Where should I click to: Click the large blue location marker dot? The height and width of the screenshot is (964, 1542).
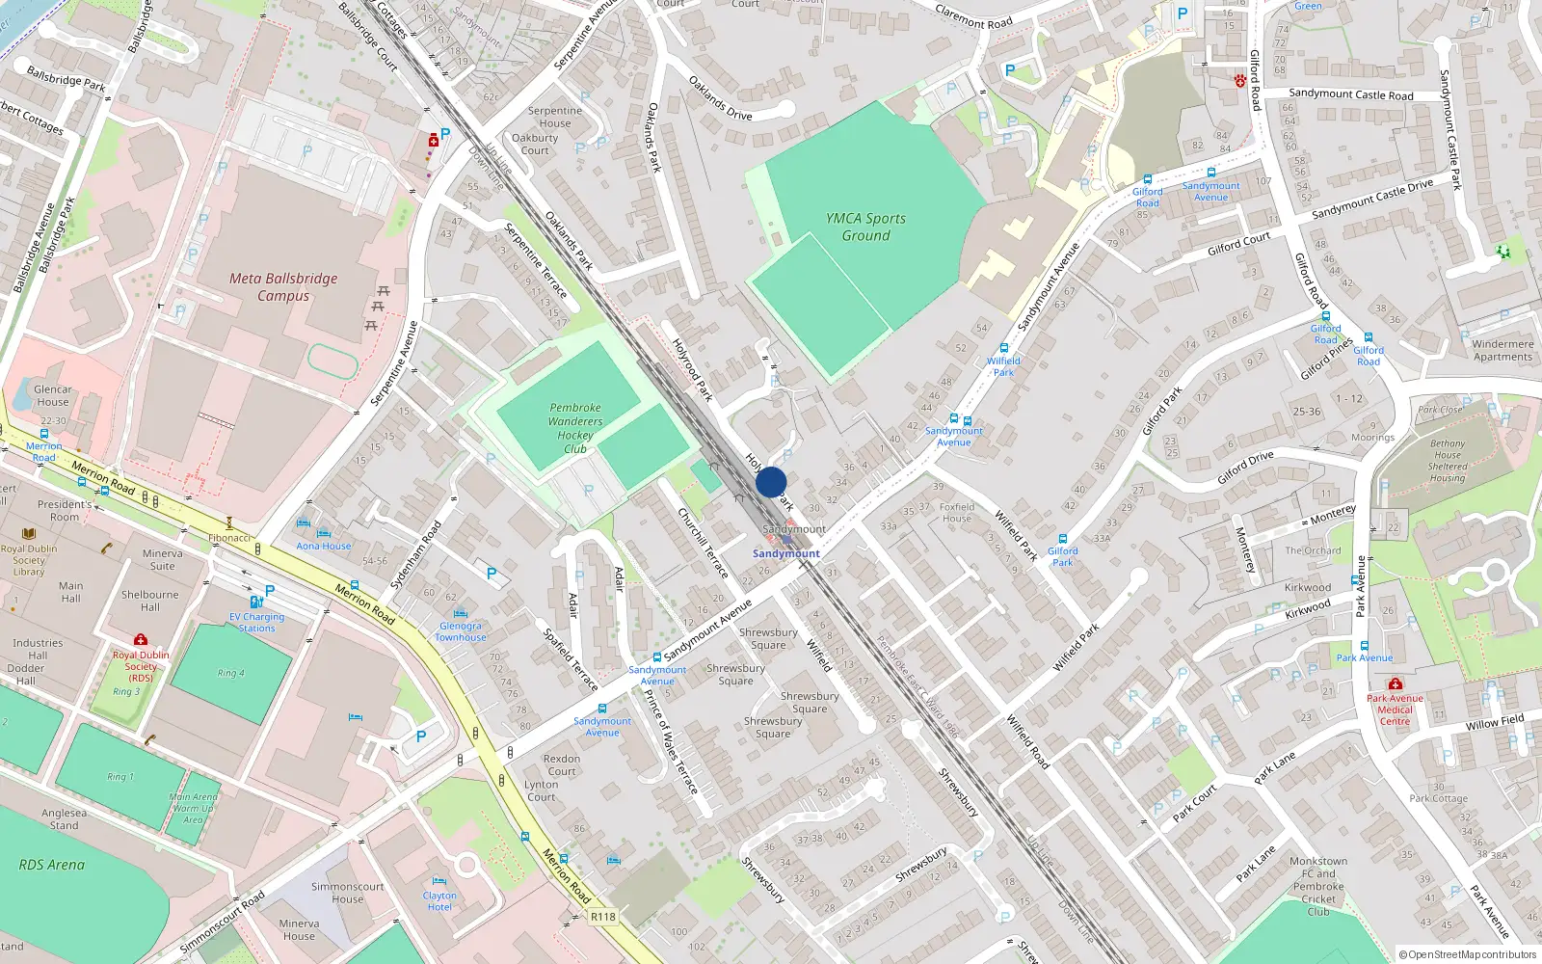click(x=771, y=482)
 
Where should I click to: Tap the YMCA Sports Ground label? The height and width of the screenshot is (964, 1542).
click(x=865, y=227)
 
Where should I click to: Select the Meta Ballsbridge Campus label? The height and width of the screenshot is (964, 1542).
click(x=283, y=287)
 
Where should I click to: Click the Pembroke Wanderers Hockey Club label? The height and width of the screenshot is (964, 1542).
click(x=575, y=428)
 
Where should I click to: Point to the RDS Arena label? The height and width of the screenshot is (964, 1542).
click(x=52, y=865)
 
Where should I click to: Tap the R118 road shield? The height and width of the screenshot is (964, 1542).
click(x=602, y=917)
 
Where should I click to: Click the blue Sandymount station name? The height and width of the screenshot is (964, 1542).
click(x=786, y=553)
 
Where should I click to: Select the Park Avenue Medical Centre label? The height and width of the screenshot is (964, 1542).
click(x=1395, y=710)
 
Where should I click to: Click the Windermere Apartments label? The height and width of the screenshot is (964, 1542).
click(x=1502, y=350)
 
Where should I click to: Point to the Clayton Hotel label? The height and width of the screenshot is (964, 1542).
click(x=439, y=901)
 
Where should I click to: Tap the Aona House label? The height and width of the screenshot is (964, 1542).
click(x=324, y=546)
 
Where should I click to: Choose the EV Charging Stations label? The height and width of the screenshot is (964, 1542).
click(x=256, y=622)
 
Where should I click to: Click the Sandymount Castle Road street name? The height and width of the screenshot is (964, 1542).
click(x=1350, y=94)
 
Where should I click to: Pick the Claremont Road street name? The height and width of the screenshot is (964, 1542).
click(x=973, y=16)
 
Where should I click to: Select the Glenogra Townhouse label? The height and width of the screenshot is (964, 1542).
click(x=461, y=631)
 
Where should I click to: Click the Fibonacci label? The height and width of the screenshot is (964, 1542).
click(x=229, y=538)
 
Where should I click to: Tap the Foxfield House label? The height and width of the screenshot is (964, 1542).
click(x=957, y=512)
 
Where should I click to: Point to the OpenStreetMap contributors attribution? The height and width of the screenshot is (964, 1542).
click(x=1468, y=954)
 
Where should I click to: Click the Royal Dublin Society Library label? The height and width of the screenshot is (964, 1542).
click(x=29, y=560)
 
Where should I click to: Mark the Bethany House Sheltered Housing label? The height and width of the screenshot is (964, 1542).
click(x=1448, y=461)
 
